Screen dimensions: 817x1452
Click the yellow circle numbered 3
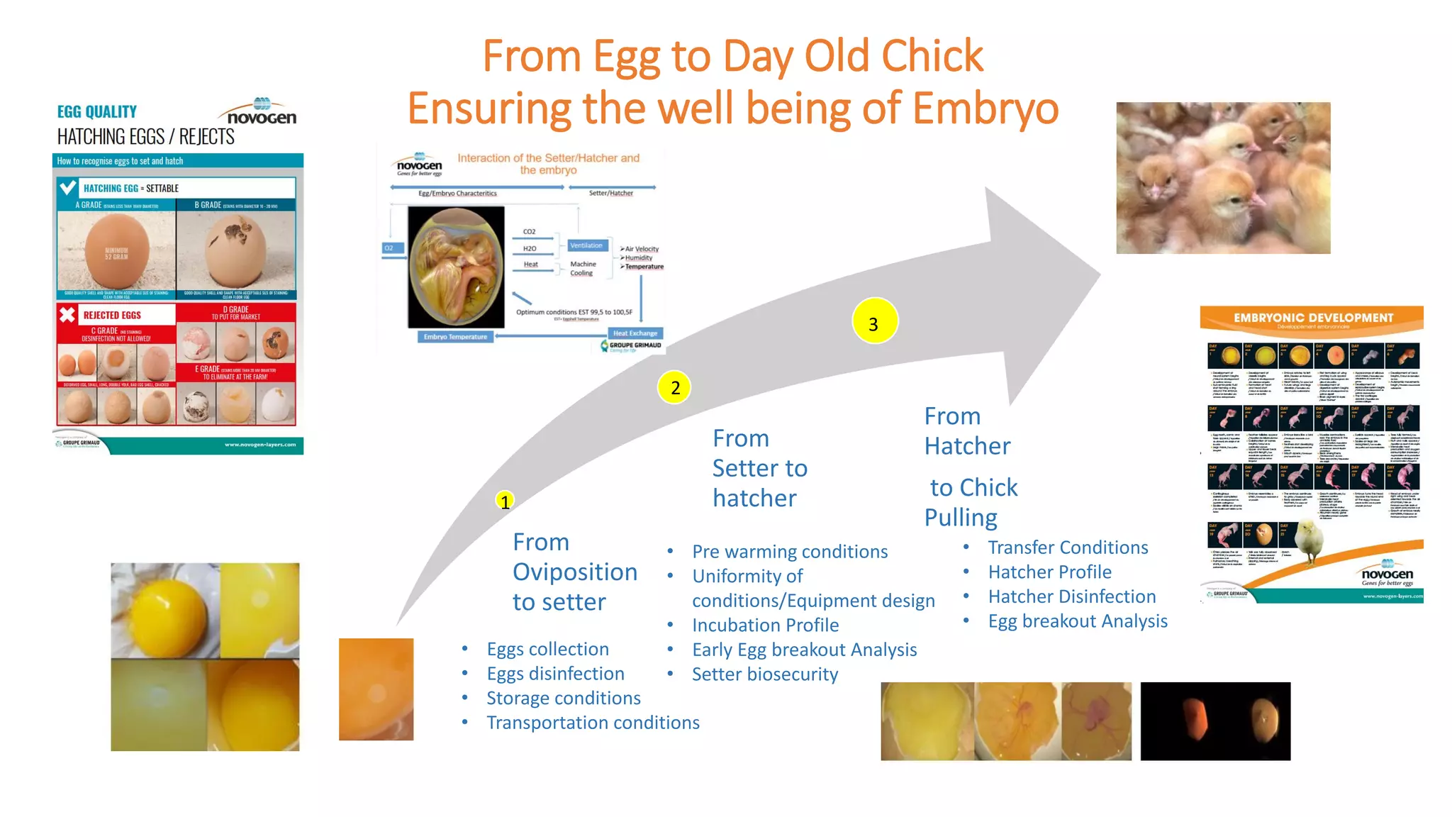[x=874, y=321]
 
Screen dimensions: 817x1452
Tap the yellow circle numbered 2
[x=674, y=387]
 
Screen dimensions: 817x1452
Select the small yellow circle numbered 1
[x=504, y=501]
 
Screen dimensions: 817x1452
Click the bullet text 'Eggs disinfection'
[x=555, y=674]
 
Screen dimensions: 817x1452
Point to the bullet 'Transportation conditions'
[x=593, y=723]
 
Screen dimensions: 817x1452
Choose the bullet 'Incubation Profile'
[x=765, y=625]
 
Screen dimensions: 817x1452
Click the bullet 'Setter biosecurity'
[x=764, y=674]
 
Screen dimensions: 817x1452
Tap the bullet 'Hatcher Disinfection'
[x=1071, y=596]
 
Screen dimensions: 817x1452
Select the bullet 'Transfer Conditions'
[x=1068, y=548]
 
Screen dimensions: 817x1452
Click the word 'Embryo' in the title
[x=985, y=109]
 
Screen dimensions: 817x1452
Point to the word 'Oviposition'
[x=574, y=572]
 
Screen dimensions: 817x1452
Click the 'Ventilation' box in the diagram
[x=586, y=245]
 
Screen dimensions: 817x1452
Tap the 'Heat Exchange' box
[x=635, y=333]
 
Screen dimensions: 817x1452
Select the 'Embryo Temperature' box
[x=455, y=337]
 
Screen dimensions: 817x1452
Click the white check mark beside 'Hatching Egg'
[x=68, y=188]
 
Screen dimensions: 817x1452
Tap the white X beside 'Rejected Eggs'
[x=67, y=315]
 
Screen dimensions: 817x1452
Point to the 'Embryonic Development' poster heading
[x=1313, y=318]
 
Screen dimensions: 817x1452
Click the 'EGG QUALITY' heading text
[x=97, y=112]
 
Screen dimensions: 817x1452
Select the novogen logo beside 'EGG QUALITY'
[x=261, y=113]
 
